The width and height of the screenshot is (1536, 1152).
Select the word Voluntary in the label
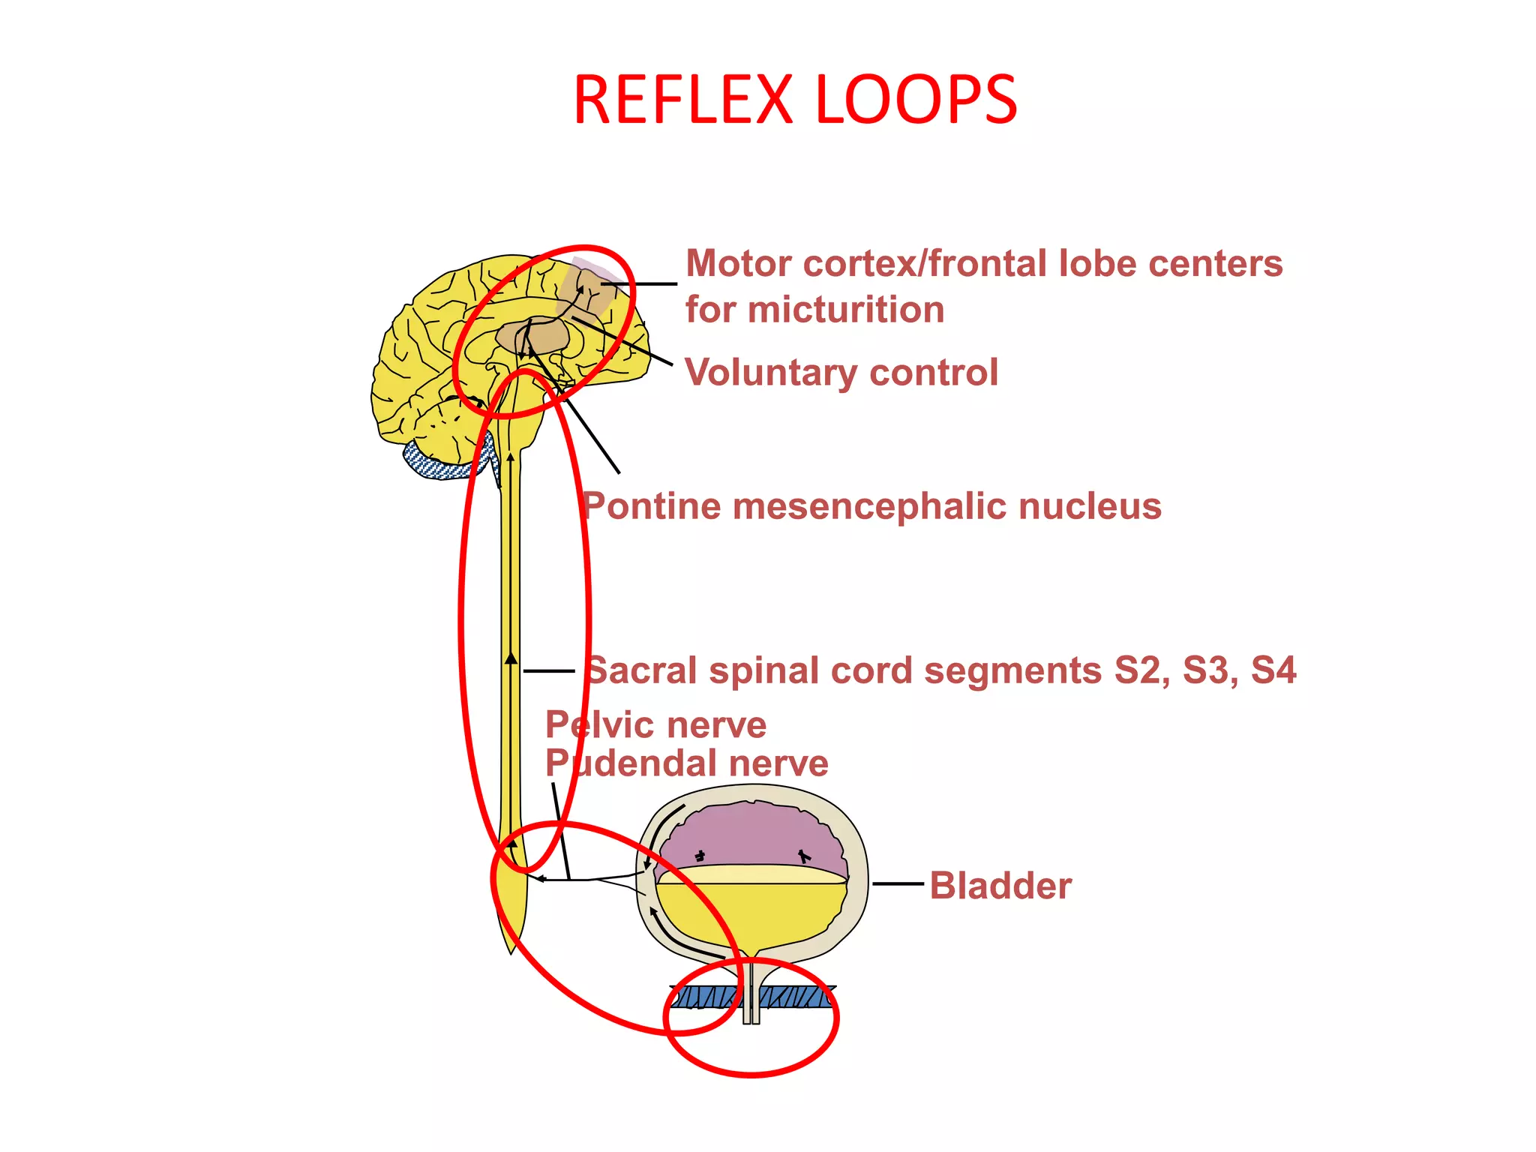[x=772, y=372]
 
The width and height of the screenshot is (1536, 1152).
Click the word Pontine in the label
[x=652, y=506]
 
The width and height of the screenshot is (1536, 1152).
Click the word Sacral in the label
[x=641, y=670]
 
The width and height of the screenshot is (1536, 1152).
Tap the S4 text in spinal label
[x=1273, y=670]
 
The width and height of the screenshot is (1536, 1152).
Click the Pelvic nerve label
[x=656, y=725]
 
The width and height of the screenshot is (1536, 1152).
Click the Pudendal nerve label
[x=686, y=763]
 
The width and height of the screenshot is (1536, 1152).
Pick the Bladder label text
[x=1000, y=886]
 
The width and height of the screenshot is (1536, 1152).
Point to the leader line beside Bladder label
[x=898, y=884]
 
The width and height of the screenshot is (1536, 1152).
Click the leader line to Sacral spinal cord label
[x=548, y=670]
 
